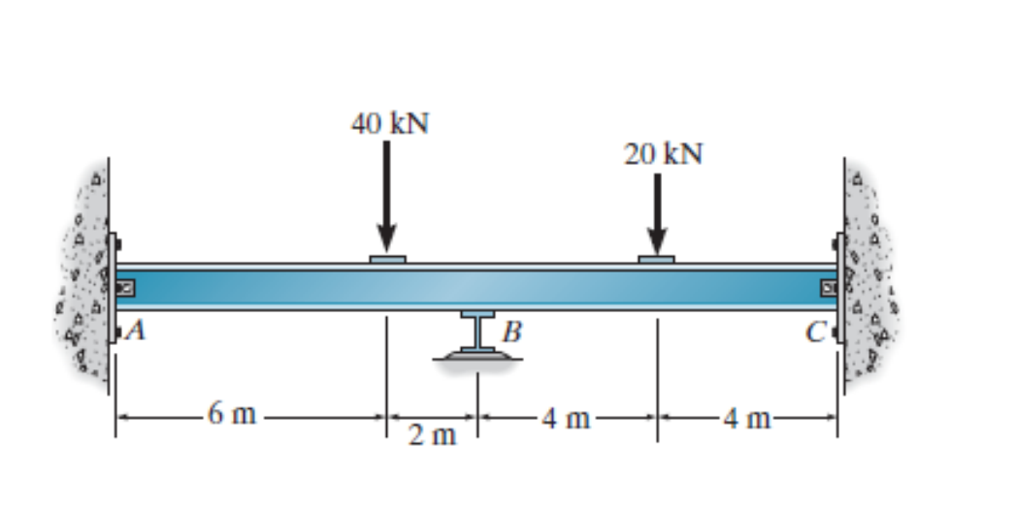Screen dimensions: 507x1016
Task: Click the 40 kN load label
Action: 389,124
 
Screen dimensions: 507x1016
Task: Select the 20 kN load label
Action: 663,155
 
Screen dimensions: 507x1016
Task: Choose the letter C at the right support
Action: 816,332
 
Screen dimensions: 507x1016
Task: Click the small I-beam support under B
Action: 476,331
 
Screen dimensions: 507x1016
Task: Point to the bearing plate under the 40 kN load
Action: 387,259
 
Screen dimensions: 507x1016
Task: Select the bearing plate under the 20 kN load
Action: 657,259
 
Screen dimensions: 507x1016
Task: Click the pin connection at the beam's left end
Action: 125,288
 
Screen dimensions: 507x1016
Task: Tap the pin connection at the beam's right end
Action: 828,288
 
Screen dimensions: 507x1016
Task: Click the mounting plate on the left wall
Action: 113,288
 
